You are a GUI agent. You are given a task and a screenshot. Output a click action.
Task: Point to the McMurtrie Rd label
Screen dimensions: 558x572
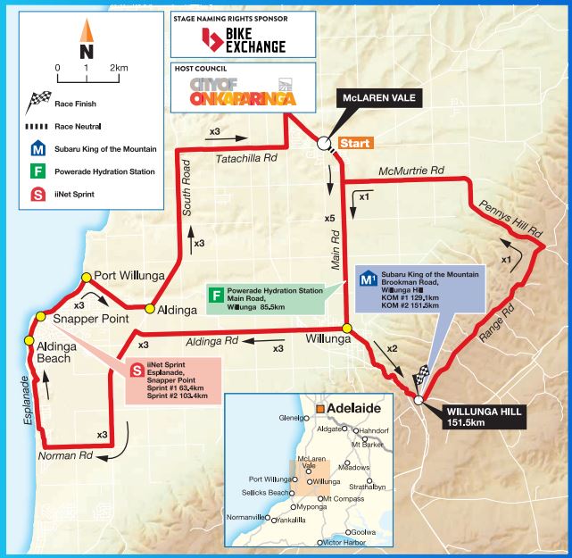pyautogui.click(x=410, y=170)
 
